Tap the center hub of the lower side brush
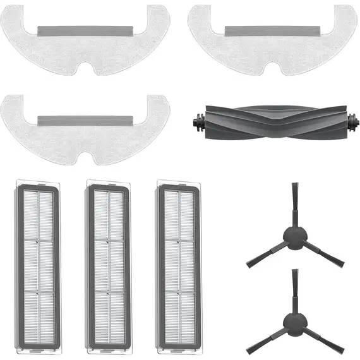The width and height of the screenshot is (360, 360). tap(294, 323)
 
